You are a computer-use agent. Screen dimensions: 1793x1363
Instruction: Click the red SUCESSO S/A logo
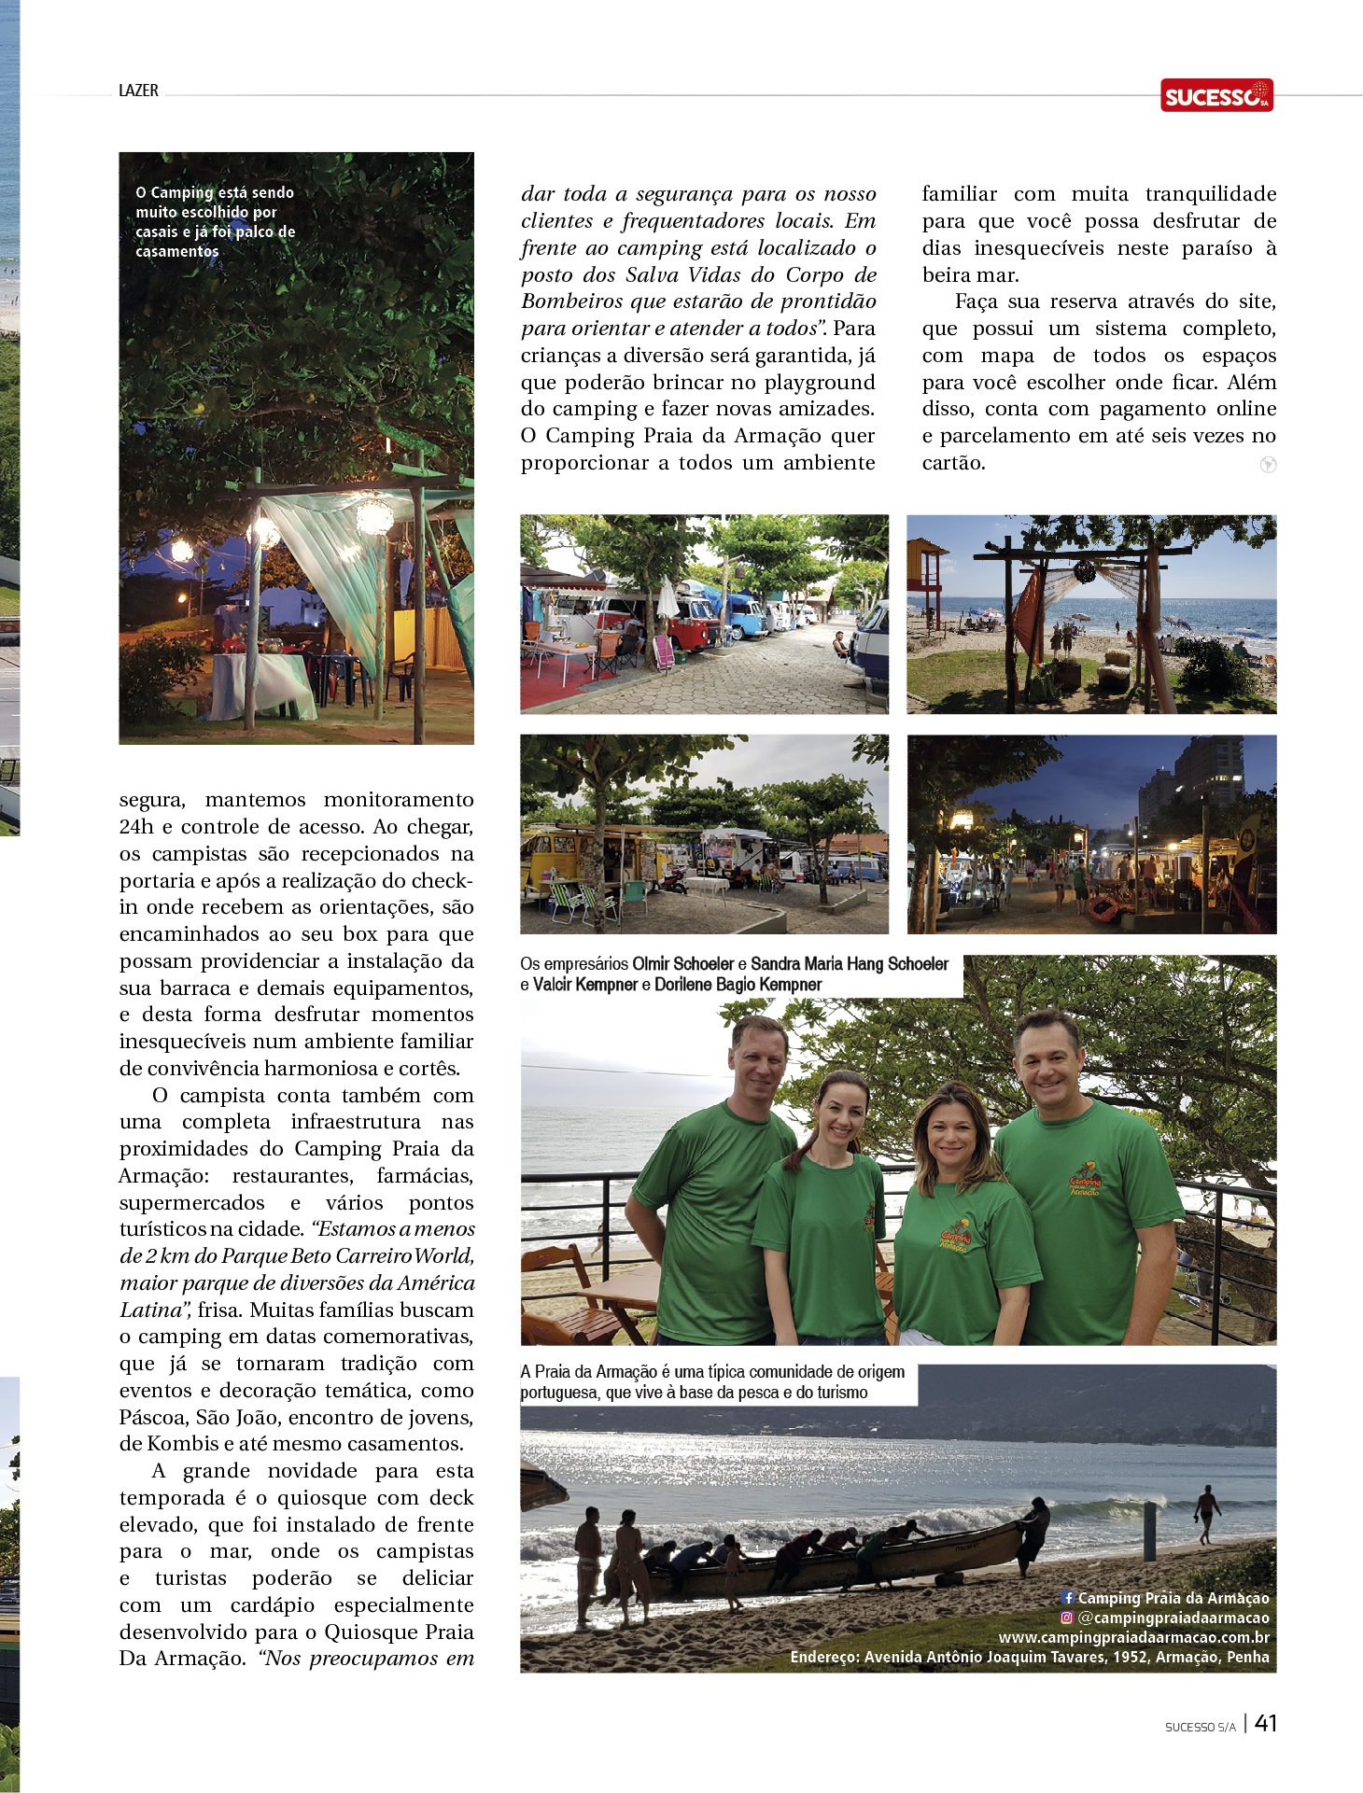pos(1216,95)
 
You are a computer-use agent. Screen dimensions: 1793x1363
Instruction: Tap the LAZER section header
pos(138,91)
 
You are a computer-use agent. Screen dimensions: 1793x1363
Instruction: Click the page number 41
pos(1265,1723)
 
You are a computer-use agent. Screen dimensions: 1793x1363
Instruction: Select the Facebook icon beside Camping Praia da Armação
pos(1068,1598)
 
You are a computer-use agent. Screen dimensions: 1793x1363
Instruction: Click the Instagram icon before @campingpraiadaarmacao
pos(1066,1618)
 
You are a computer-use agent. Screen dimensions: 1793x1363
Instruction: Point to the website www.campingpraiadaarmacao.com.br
pos(1133,1637)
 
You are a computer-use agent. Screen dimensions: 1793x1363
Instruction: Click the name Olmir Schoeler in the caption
pos(682,964)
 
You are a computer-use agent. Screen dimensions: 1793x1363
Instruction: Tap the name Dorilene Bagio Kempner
pos(738,985)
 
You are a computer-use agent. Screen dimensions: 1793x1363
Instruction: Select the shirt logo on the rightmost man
pos(1086,1179)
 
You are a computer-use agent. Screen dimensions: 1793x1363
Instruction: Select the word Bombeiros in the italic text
pos(568,301)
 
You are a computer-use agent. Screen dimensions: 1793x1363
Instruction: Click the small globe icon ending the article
pos(1267,465)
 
